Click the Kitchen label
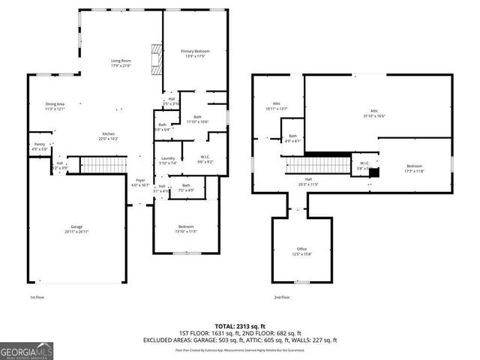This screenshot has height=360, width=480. click(109, 136)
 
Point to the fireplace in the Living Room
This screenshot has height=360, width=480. click(156, 58)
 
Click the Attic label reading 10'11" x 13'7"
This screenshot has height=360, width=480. click(277, 106)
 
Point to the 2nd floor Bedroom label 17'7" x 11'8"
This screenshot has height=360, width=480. click(415, 168)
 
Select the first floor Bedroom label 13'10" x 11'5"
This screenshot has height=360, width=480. click(186, 229)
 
